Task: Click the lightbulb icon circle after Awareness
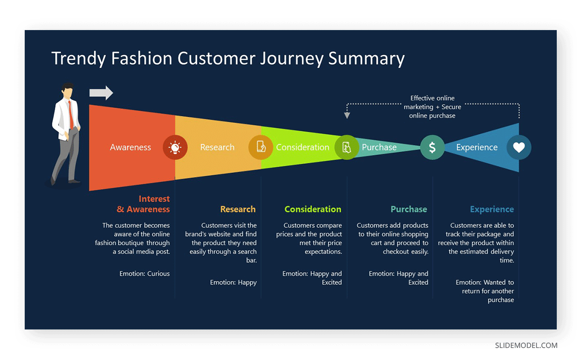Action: [x=175, y=147]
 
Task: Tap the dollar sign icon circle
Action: [x=432, y=147]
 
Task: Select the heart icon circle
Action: [x=519, y=147]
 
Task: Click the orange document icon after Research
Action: [x=261, y=147]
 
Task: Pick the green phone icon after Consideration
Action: [x=347, y=147]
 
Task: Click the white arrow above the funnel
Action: [x=101, y=93]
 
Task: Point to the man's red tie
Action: [x=71, y=114]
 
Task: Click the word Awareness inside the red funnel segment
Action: [x=130, y=147]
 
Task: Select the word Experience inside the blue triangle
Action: [x=476, y=147]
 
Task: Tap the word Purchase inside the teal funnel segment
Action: [x=379, y=147]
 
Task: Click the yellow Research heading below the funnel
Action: [x=238, y=209]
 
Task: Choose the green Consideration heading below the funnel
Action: [x=313, y=209]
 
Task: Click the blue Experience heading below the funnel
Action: [x=492, y=209]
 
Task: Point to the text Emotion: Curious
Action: [x=145, y=274]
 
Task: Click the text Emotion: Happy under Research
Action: [x=233, y=282]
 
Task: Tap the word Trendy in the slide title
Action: [x=79, y=58]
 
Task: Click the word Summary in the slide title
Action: [x=367, y=58]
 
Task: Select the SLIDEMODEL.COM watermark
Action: [x=526, y=345]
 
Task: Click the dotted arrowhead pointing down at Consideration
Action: [x=347, y=115]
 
